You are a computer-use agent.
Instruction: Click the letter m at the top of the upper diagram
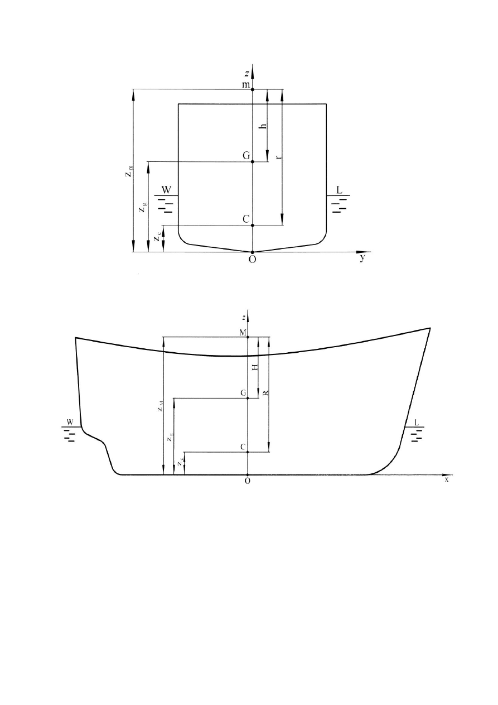point(246,84)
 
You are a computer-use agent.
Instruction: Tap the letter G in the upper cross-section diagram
point(246,156)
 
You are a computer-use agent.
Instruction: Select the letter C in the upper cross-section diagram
point(246,219)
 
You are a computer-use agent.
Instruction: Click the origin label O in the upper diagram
point(252,260)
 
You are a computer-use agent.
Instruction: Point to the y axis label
point(363,258)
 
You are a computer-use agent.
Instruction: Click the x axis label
point(447,480)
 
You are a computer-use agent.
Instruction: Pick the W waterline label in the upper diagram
point(166,190)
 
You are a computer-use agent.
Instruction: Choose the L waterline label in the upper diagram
point(339,190)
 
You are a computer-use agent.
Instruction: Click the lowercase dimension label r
point(279,156)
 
